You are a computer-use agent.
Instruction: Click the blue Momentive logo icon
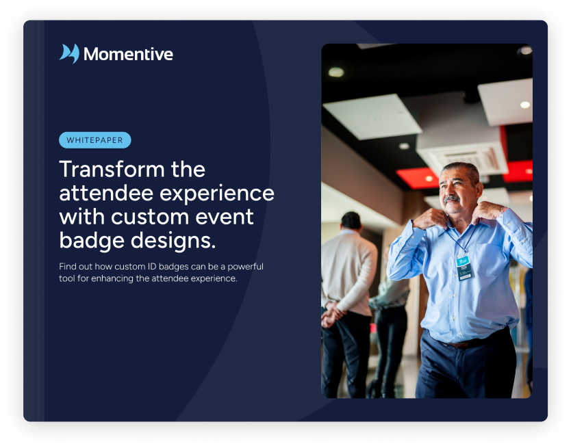coord(69,53)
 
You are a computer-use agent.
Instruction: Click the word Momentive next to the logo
coord(128,54)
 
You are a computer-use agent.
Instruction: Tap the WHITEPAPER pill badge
coord(94,140)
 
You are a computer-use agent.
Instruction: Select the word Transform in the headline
coord(112,169)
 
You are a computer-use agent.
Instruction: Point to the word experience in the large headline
coord(217,194)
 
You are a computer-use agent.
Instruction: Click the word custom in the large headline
coord(150,217)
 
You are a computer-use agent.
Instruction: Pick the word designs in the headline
coord(173,241)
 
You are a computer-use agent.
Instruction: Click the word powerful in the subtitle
coord(245,266)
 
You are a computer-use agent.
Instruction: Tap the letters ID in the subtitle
coord(151,266)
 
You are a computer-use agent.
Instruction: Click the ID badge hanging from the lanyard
coord(464,268)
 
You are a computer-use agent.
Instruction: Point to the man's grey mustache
coord(452,199)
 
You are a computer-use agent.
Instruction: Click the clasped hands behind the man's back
coord(332,314)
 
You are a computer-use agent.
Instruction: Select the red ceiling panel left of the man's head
coord(417,178)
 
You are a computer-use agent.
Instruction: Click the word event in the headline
coord(225,218)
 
